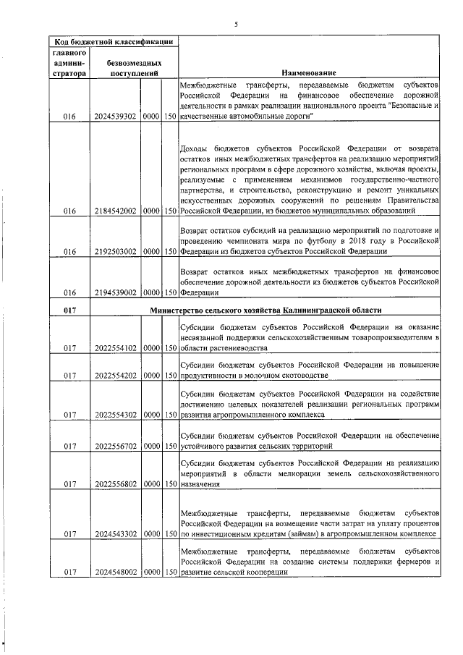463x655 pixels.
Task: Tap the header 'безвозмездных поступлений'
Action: (x=132, y=68)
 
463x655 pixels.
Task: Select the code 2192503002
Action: (x=116, y=251)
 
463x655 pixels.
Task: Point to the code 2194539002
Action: (x=116, y=295)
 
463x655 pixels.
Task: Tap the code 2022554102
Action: (x=116, y=348)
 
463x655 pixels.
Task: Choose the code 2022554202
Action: (x=116, y=376)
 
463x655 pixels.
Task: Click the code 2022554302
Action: (x=116, y=415)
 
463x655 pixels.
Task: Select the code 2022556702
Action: (x=116, y=447)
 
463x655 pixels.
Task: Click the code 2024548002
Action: (x=116, y=572)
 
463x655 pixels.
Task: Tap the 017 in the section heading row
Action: (x=69, y=310)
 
